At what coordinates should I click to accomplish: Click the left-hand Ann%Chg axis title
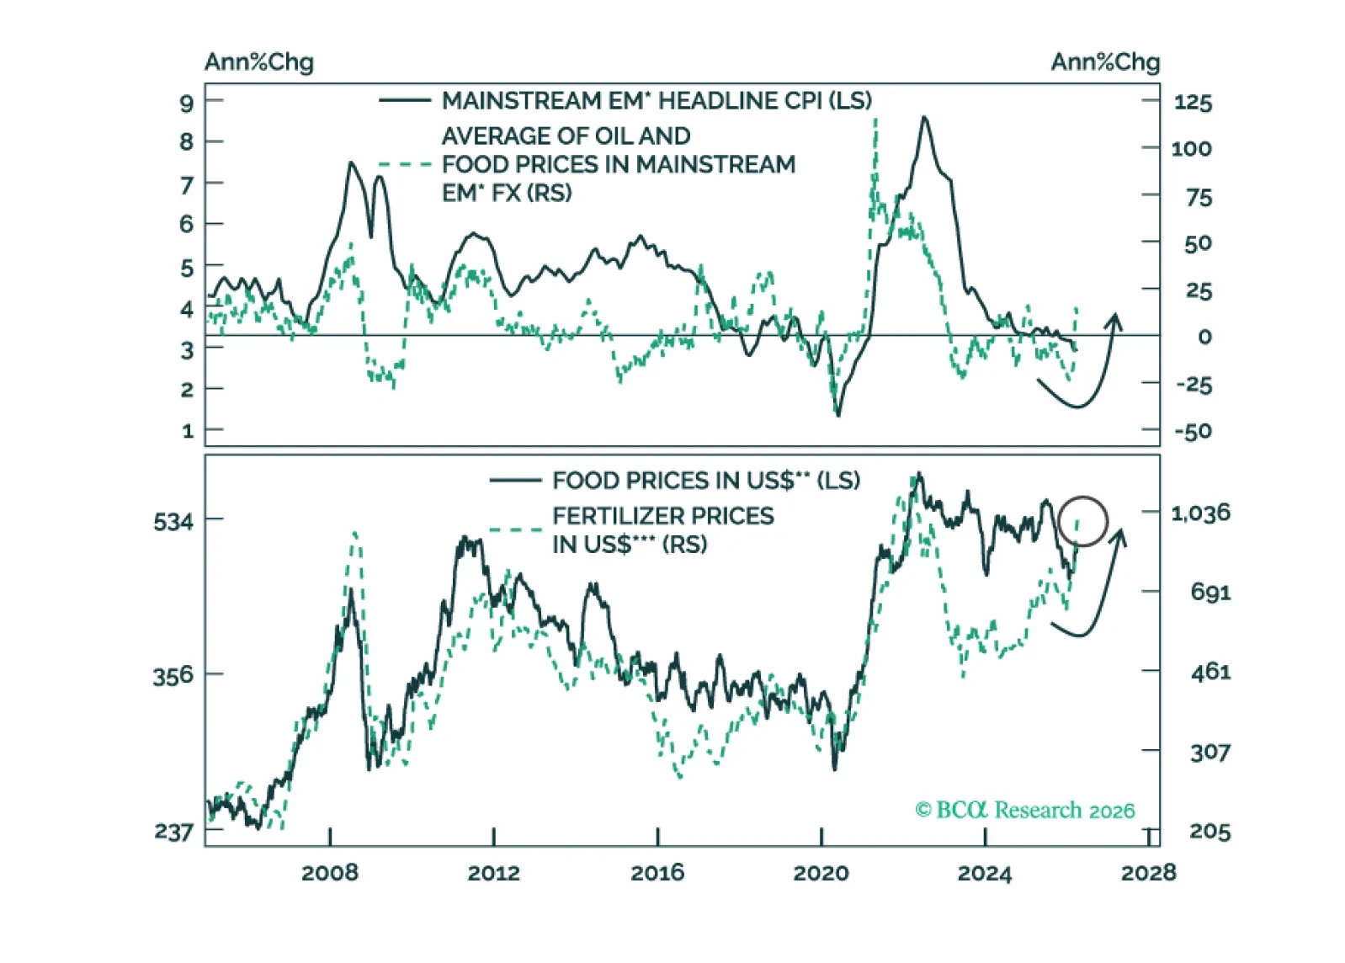[258, 62]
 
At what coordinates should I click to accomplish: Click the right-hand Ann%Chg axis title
[1104, 62]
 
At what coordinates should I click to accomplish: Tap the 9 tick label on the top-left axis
[187, 104]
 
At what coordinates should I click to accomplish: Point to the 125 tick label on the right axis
[1193, 103]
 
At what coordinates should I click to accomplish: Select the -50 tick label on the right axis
[1193, 432]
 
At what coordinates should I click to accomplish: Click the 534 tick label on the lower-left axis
[173, 522]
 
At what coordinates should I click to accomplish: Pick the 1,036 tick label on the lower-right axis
[1200, 513]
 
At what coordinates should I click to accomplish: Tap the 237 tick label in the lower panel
[173, 832]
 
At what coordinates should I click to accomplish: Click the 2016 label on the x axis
[657, 873]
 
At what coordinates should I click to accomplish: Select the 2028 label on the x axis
[1148, 873]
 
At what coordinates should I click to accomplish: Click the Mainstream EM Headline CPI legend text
[657, 101]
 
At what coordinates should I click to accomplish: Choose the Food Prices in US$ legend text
[705, 481]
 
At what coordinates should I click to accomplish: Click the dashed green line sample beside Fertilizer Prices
[515, 530]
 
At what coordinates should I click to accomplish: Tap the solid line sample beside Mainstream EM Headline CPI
[405, 101]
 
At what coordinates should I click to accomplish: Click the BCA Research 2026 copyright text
[1024, 810]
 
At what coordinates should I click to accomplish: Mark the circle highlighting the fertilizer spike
[1082, 521]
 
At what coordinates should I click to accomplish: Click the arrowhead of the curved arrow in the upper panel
[1115, 320]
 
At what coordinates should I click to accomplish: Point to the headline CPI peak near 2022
[924, 119]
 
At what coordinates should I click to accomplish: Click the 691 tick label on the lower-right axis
[1209, 593]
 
